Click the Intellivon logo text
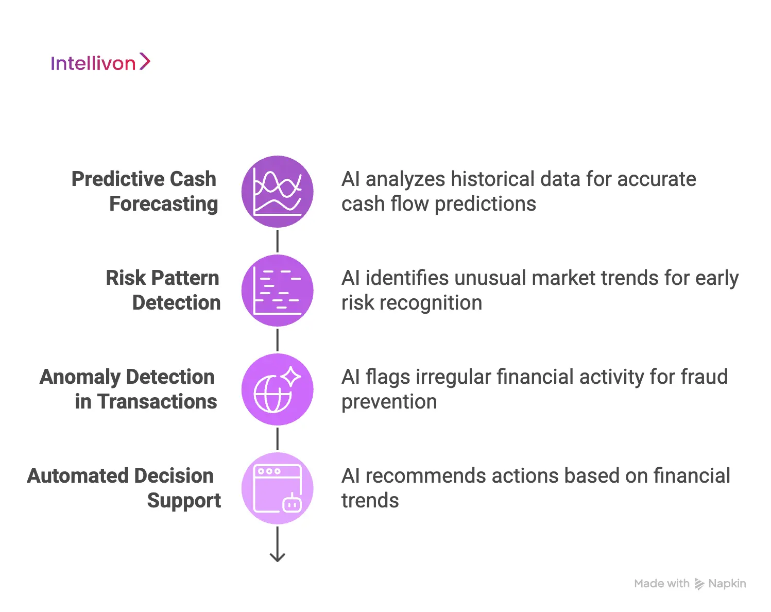(x=93, y=63)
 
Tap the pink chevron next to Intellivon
(x=145, y=62)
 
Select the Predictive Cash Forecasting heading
(x=144, y=191)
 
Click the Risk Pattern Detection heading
(x=163, y=290)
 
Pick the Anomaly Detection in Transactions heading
(x=128, y=389)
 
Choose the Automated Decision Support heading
(x=124, y=488)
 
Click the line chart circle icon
(x=278, y=192)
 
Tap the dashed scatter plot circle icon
(x=278, y=291)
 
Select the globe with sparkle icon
(x=278, y=389)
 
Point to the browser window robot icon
(x=278, y=488)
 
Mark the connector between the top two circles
(x=278, y=241)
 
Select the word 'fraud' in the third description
(x=704, y=377)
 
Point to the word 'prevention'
(x=389, y=402)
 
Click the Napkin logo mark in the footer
(x=699, y=584)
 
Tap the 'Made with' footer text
(x=661, y=584)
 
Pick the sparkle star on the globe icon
(x=291, y=377)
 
